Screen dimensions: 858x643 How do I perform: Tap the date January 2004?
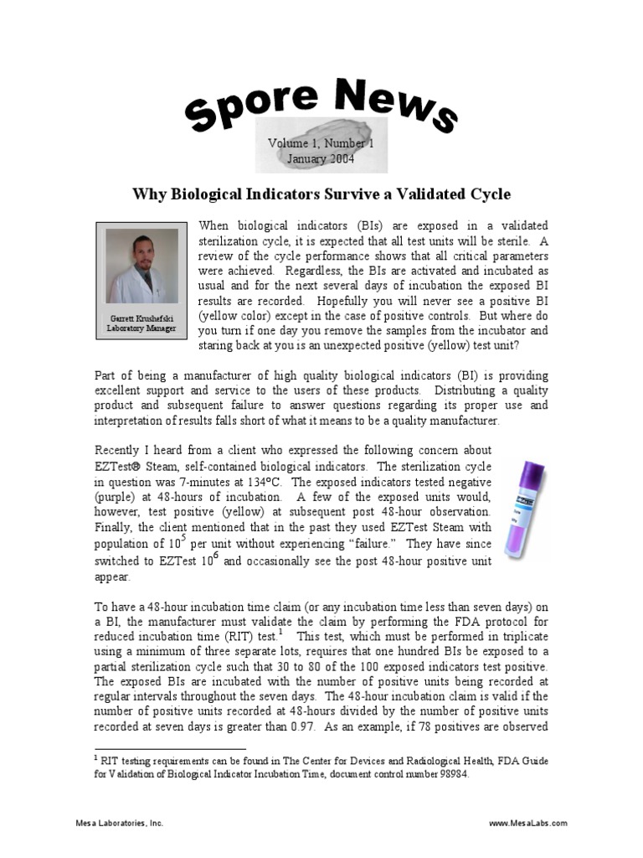tap(321, 158)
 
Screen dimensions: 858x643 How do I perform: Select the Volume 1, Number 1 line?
tap(321, 143)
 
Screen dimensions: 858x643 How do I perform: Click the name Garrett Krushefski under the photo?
tap(141, 318)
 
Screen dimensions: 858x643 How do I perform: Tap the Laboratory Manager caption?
tap(141, 328)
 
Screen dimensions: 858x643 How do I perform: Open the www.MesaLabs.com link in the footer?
tap(528, 824)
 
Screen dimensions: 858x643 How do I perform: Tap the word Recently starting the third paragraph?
tap(121, 451)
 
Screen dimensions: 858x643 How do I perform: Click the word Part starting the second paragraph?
tap(106, 375)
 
